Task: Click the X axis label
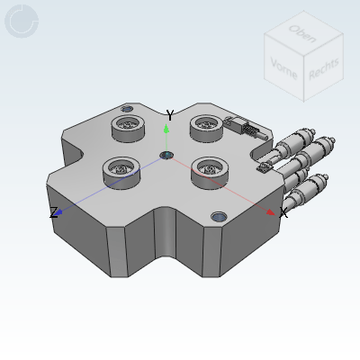[283, 213]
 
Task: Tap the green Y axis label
[170, 115]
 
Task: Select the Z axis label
[53, 213]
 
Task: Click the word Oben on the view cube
[301, 33]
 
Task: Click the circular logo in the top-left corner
[22, 22]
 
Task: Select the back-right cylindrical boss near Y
[206, 129]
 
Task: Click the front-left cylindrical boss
[120, 168]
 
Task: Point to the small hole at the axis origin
[166, 156]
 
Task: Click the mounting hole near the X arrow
[219, 217]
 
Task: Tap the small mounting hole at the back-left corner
[126, 109]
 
